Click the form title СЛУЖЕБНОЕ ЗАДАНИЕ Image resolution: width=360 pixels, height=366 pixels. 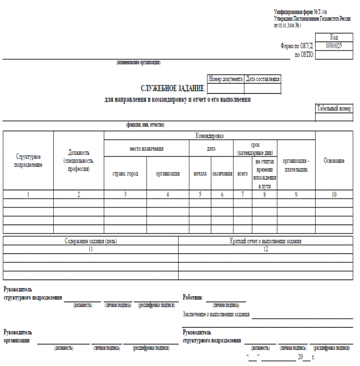(x=173, y=88)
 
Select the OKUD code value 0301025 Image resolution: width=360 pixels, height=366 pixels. (x=334, y=45)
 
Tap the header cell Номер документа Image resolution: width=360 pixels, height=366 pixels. (x=225, y=79)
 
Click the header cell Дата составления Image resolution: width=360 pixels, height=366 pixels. (x=263, y=79)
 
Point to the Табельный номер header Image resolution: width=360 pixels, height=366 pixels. (x=334, y=108)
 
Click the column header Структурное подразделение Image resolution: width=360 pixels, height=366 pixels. (x=28, y=161)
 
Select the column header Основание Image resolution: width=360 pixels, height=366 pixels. (x=334, y=161)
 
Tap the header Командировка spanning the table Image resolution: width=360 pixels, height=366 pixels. (x=210, y=135)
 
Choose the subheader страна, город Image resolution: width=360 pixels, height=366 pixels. (x=125, y=174)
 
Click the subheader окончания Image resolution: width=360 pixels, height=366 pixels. (x=222, y=174)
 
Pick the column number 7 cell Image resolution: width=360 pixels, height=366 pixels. (x=242, y=195)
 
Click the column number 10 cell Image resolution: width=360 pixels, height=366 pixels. (x=334, y=195)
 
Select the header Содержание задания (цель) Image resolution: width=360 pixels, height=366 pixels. (x=90, y=241)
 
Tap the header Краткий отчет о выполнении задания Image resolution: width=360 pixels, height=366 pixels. (x=265, y=241)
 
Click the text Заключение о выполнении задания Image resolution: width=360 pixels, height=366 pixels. (x=216, y=315)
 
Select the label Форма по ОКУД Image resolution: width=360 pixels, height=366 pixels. (x=297, y=46)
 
